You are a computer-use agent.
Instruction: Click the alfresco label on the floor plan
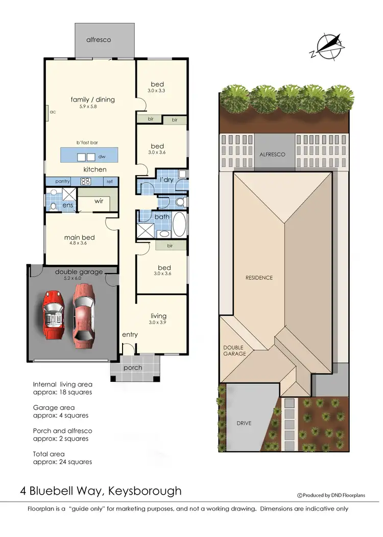pos(99,39)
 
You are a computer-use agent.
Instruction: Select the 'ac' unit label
pos(53,111)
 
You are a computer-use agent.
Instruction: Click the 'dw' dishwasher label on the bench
pos(102,157)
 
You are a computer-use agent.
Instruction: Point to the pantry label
pos(62,181)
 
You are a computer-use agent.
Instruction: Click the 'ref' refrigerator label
pos(109,181)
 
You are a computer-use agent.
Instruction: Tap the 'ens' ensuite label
pos(67,206)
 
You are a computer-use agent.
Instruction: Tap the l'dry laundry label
pos(166,180)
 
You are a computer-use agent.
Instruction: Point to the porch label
pos(133,368)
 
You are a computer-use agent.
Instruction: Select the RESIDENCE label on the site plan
pos(259,278)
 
